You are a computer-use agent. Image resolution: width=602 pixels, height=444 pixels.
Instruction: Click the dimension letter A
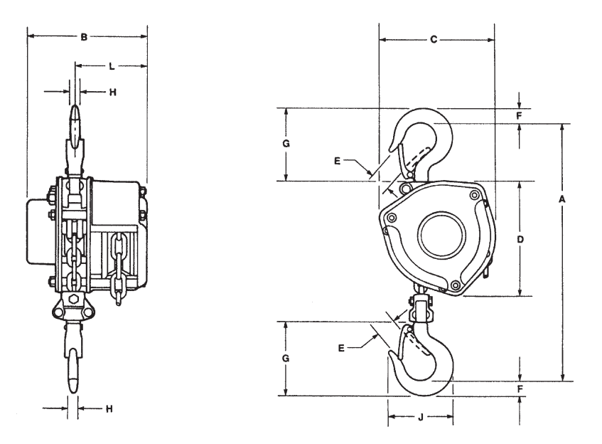pyautogui.click(x=562, y=201)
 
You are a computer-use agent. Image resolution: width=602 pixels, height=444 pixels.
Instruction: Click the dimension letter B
pyautogui.click(x=84, y=36)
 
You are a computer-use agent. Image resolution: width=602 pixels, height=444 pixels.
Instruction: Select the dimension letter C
pyautogui.click(x=434, y=41)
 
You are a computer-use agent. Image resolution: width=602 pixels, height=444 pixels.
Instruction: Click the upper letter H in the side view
pyautogui.click(x=112, y=92)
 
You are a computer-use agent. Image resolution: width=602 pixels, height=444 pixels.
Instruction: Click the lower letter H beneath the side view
pyautogui.click(x=109, y=408)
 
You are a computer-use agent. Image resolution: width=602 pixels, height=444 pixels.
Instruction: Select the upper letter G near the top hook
pyautogui.click(x=286, y=143)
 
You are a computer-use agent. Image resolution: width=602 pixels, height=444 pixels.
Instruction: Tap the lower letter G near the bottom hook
pyautogui.click(x=286, y=359)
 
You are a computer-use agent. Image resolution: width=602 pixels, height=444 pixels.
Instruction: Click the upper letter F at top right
pyautogui.click(x=520, y=115)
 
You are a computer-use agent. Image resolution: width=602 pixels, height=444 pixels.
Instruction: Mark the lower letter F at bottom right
pyautogui.click(x=520, y=389)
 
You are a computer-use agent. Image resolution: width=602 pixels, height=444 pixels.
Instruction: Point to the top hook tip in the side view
pyautogui.click(x=75, y=117)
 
